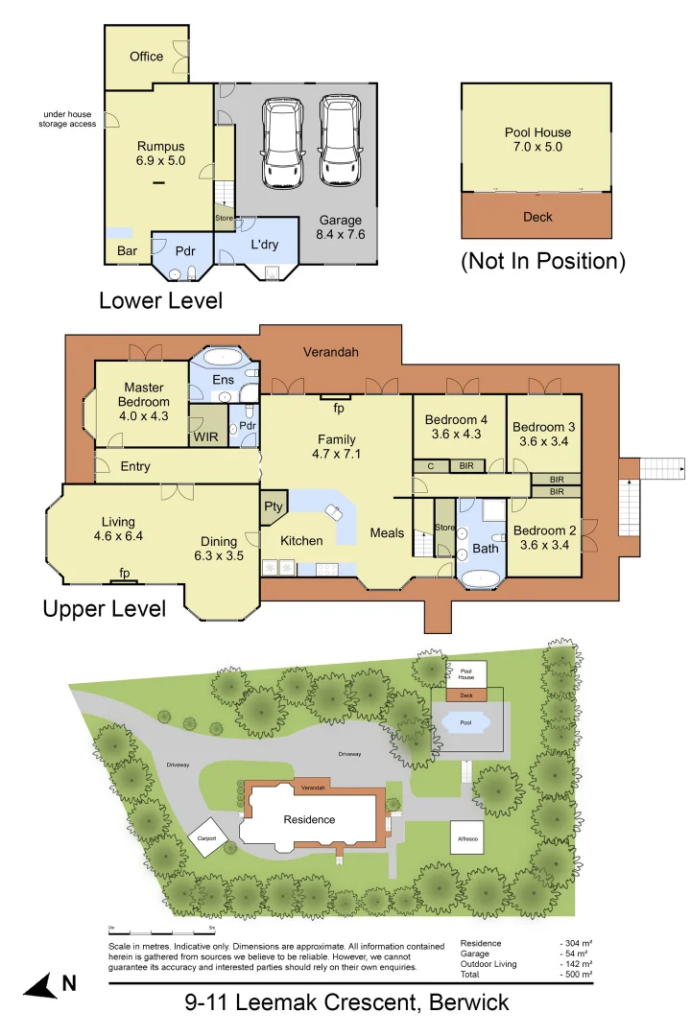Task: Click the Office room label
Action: (x=146, y=57)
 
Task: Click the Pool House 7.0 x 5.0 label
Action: (x=537, y=140)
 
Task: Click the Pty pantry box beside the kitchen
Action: (x=269, y=507)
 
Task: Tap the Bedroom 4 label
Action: (x=456, y=427)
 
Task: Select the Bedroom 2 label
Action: (x=543, y=537)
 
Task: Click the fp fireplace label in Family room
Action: (x=338, y=408)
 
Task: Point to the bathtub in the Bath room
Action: (x=480, y=578)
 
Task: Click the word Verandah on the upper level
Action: (x=330, y=353)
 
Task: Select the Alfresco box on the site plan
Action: (x=467, y=836)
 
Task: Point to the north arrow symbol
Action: (x=40, y=985)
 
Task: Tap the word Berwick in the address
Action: (x=465, y=1003)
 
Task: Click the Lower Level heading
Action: (x=160, y=300)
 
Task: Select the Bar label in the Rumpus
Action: (x=127, y=252)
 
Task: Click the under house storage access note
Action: (x=67, y=120)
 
